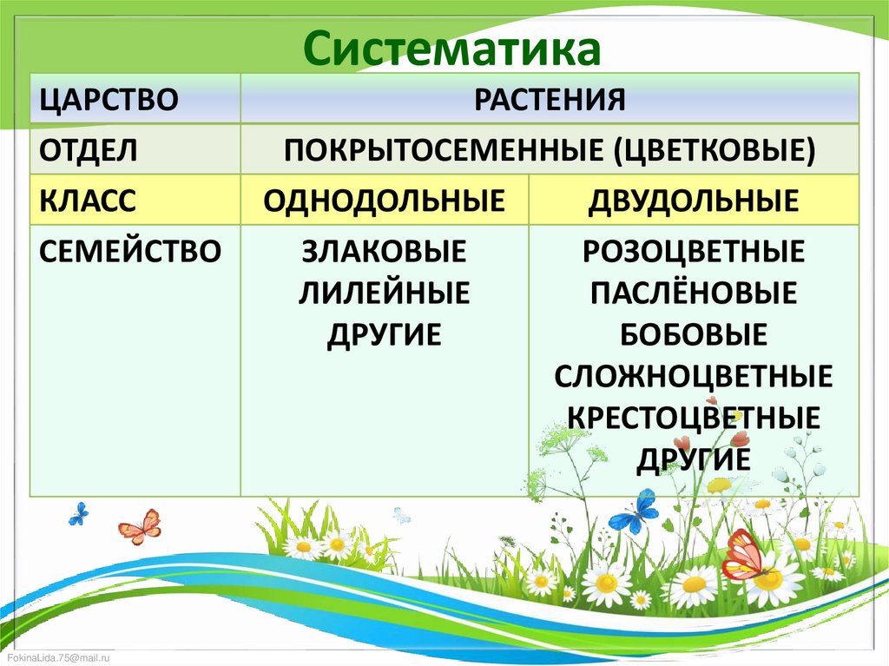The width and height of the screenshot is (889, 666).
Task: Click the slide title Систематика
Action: click(x=451, y=49)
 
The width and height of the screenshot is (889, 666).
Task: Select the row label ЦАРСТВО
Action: click(x=109, y=98)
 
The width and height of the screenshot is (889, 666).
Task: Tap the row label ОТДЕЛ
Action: click(x=88, y=149)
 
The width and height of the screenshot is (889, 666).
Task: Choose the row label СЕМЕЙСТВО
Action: click(x=130, y=252)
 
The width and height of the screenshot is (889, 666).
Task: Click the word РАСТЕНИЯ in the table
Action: click(x=550, y=98)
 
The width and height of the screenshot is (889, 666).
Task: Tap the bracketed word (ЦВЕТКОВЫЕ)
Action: click(x=714, y=149)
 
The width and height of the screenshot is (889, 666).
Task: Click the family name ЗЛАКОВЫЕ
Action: click(x=384, y=252)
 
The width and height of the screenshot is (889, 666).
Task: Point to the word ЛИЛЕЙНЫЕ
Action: click(x=384, y=293)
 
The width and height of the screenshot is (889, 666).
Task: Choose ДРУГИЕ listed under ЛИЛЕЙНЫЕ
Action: click(x=384, y=333)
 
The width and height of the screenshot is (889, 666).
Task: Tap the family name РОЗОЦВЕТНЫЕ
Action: click(x=693, y=252)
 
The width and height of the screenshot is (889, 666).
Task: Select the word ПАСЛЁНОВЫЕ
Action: click(x=693, y=293)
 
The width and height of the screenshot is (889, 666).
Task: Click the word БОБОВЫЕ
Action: click(x=693, y=333)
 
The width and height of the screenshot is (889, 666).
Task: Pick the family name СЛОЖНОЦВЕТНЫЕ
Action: click(x=693, y=375)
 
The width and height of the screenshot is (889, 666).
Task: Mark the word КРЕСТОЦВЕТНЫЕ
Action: click(x=693, y=417)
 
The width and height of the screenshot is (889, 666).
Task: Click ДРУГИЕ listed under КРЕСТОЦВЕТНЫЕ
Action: click(x=693, y=458)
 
